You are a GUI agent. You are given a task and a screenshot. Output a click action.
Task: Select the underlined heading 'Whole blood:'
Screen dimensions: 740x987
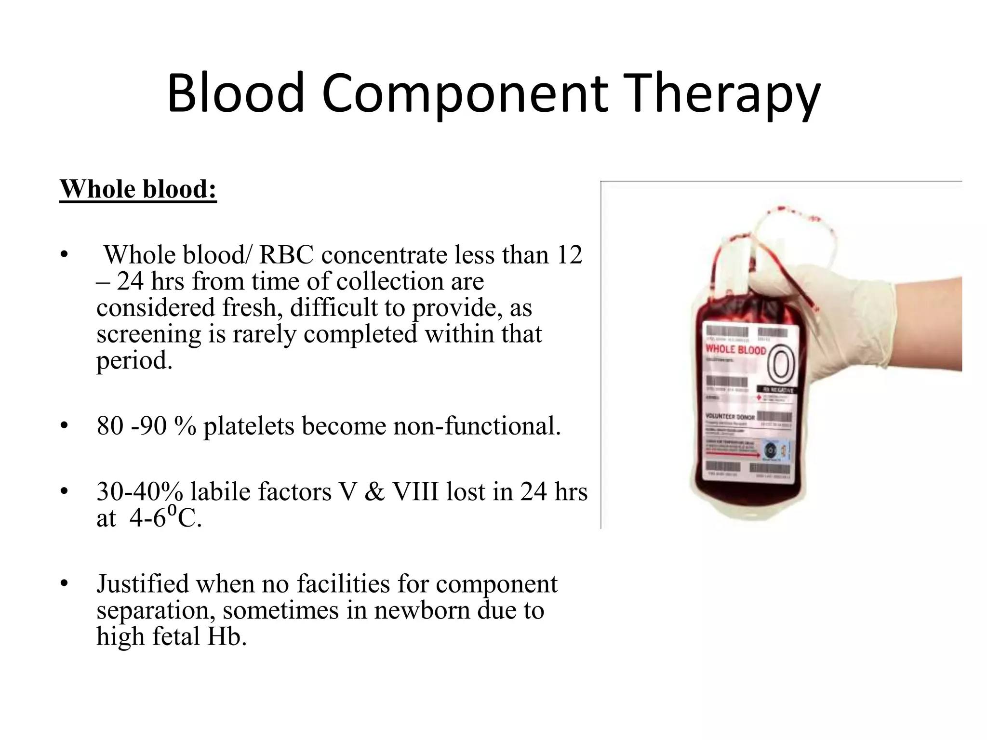138,189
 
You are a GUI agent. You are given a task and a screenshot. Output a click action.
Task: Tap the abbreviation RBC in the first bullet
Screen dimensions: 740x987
286,255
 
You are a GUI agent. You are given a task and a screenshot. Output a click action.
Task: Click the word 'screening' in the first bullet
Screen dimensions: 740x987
148,334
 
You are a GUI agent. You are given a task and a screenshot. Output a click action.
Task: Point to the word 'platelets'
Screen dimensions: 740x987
249,426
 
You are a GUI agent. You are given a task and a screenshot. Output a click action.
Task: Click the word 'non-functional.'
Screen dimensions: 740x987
477,426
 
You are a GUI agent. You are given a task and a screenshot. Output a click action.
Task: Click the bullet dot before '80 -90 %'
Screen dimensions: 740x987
64,426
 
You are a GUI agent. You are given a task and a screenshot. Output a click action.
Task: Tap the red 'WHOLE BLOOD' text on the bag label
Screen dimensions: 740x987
735,349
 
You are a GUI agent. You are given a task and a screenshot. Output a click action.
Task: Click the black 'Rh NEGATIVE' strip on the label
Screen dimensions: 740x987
777,389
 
